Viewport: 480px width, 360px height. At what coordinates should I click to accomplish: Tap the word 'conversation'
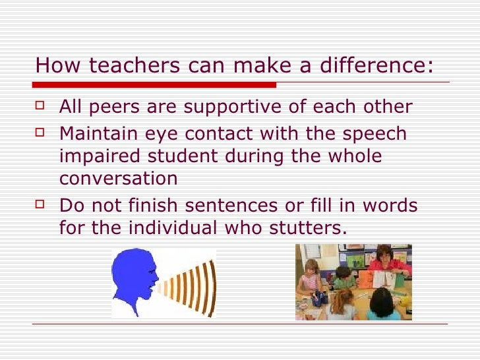[118, 179]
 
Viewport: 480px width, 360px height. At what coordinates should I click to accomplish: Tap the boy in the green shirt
[344, 277]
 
